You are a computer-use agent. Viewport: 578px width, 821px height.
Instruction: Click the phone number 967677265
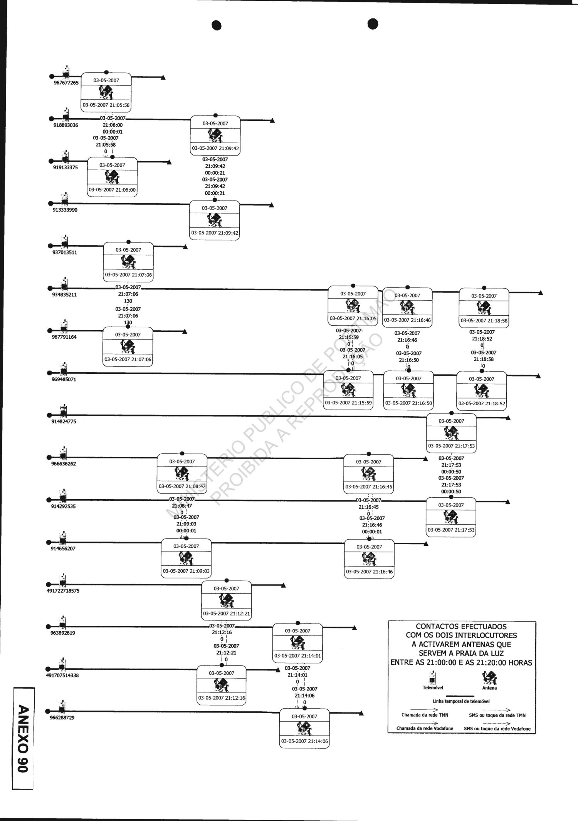click(x=66, y=83)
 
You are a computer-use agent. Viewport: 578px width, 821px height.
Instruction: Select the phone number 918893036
click(x=66, y=125)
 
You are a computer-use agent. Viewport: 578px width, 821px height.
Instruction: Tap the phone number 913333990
click(x=65, y=210)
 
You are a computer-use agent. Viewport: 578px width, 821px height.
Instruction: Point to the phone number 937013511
click(x=65, y=252)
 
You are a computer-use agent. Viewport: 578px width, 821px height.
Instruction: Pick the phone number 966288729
click(x=62, y=718)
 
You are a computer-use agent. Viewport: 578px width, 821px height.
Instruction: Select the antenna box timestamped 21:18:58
click(x=484, y=308)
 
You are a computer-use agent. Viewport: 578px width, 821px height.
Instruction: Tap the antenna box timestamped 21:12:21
click(x=227, y=601)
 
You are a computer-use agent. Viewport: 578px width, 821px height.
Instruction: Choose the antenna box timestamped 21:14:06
click(x=304, y=729)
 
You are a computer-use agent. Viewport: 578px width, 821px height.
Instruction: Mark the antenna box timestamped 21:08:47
click(x=182, y=474)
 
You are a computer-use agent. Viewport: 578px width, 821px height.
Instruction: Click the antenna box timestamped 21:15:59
click(x=348, y=390)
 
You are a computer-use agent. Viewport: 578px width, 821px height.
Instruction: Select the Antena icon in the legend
click(x=489, y=678)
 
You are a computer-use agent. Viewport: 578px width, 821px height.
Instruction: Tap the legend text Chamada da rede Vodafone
click(x=425, y=728)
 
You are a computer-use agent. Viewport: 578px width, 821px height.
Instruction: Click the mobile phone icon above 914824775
click(x=63, y=411)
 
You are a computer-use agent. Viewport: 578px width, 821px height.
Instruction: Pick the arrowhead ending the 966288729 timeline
click(x=361, y=713)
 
